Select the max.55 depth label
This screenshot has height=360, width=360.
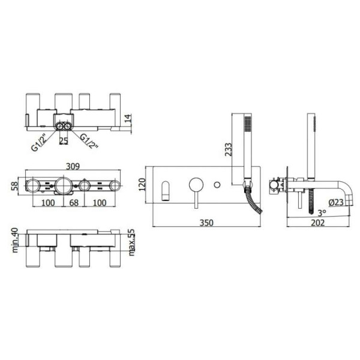point(132,242)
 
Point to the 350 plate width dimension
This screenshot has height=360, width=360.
point(206,223)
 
